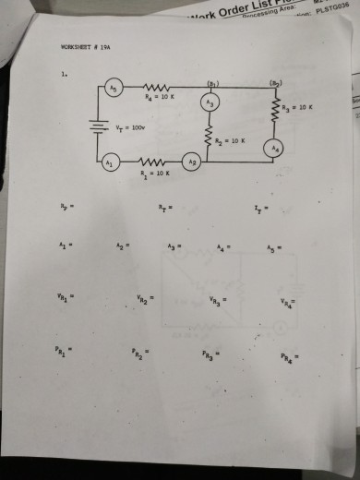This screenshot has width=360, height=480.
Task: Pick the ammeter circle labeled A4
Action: [x=272, y=149]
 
